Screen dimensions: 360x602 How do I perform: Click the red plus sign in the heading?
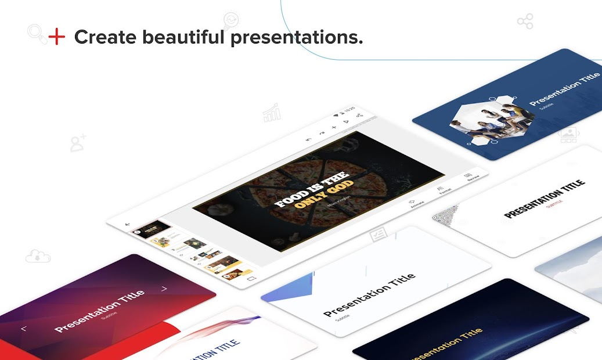(x=56, y=37)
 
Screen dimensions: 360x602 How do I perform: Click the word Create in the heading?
(x=105, y=38)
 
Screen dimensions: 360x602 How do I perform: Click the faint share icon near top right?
(x=525, y=23)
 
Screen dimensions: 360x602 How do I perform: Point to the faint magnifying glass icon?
(x=36, y=33)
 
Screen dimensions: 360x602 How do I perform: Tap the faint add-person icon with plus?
(x=78, y=143)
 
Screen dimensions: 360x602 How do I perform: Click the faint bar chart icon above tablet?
(x=272, y=113)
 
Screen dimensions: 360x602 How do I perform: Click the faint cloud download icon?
(x=38, y=256)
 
